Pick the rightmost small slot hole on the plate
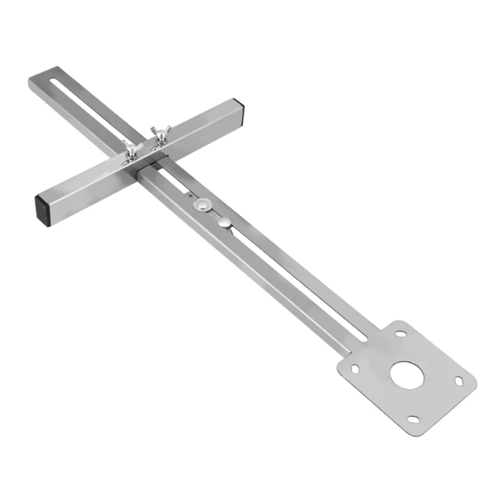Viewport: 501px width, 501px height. tap(458, 380)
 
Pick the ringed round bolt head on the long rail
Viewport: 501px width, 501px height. tap(202, 205)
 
